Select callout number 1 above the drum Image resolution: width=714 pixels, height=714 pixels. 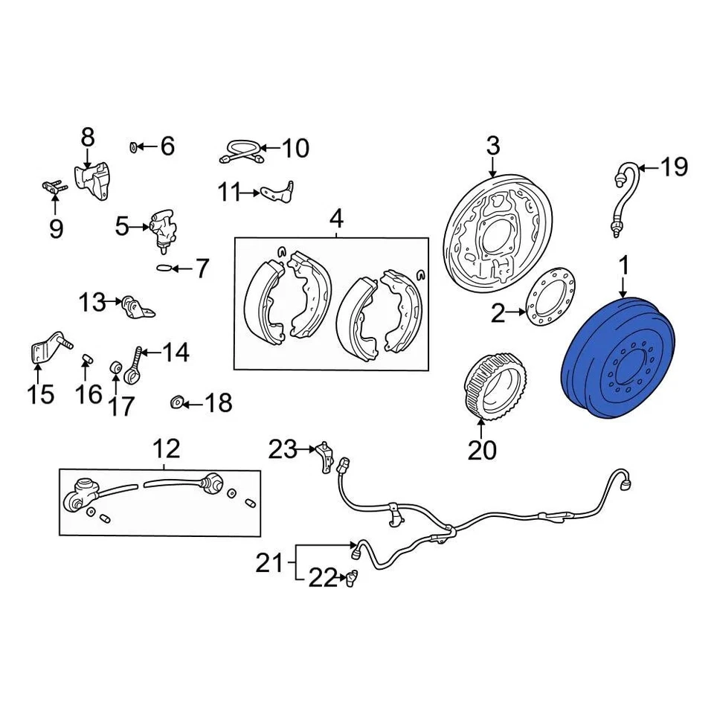pos(623,266)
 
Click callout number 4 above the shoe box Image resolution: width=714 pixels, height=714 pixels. pos(335,219)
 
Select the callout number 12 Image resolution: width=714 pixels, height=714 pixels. pos(167,448)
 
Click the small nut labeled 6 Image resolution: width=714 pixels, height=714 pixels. pos(135,145)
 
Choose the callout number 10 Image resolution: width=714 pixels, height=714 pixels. pos(295,148)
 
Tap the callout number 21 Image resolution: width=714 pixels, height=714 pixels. pos(270,563)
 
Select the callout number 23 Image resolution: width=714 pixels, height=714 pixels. pos(283,448)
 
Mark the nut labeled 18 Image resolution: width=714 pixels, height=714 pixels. pos(177,402)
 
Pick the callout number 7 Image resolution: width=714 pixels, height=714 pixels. pos(202,268)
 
